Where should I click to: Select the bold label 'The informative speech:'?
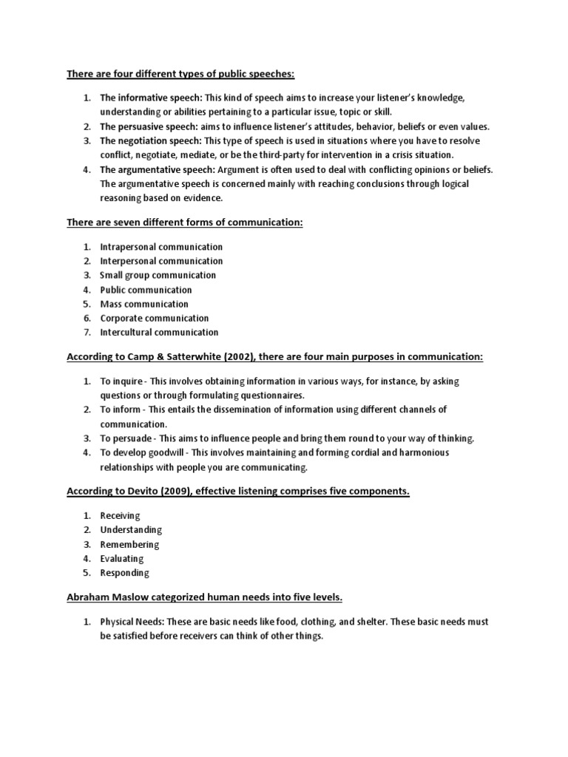click(x=151, y=98)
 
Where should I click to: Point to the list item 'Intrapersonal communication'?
click(x=161, y=247)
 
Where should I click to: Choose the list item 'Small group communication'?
click(x=158, y=275)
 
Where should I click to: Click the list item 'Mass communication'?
click(x=144, y=304)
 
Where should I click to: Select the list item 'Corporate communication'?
click(x=155, y=318)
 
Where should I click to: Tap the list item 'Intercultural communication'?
click(x=160, y=332)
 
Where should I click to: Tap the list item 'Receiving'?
click(x=120, y=516)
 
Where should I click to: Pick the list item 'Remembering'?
click(x=130, y=545)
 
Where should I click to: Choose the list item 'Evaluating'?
click(x=122, y=559)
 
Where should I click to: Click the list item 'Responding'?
click(x=125, y=573)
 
